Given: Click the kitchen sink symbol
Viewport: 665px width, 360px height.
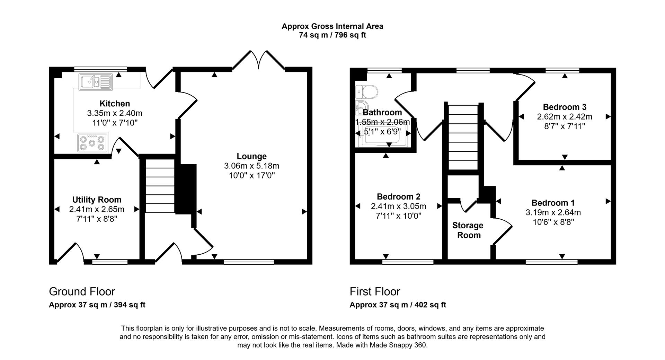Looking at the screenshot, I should click(x=95, y=82).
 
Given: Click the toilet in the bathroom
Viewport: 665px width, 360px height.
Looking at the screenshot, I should click(x=367, y=92).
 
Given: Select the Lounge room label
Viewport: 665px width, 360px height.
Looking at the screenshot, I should click(x=251, y=156).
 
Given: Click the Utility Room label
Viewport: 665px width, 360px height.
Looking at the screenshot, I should click(x=97, y=200).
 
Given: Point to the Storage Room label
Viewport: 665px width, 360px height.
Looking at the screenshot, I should click(x=468, y=230).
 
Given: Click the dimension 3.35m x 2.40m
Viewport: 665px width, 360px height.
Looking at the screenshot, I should click(x=115, y=113).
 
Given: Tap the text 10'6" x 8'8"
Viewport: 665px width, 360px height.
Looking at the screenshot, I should click(x=553, y=222).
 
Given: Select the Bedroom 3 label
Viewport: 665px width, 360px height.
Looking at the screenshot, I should click(x=564, y=107).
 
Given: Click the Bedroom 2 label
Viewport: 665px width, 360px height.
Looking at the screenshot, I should click(x=398, y=197).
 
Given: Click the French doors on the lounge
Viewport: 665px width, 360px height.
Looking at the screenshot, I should click(x=258, y=60).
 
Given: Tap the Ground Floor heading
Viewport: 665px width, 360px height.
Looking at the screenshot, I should click(x=82, y=291).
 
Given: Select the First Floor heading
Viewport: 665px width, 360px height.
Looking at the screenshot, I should click(x=375, y=291).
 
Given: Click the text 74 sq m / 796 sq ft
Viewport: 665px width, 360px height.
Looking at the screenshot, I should click(x=332, y=35).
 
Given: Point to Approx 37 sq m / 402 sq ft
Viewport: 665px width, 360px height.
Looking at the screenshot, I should click(x=398, y=305).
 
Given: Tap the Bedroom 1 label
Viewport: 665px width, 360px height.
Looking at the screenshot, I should click(x=553, y=203).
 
